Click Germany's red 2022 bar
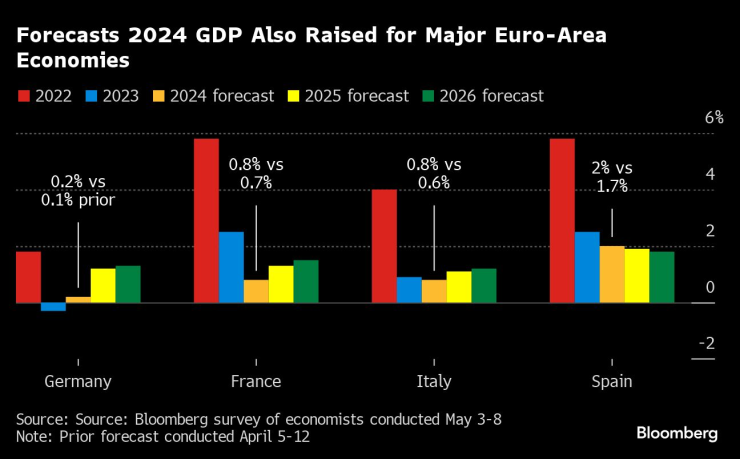coord(28,277)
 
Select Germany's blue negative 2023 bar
coord(53,307)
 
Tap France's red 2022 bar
coord(206,220)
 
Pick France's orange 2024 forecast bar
coord(256,291)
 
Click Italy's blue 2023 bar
coord(409,290)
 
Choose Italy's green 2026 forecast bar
coord(484,286)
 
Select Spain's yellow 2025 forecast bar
coord(637,276)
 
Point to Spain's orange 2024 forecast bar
coord(612,274)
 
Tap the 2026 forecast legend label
coord(494,96)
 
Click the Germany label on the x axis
coord(78,381)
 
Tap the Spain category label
coord(610,381)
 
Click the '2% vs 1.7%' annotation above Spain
coord(611,177)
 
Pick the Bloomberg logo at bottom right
coord(677,433)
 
